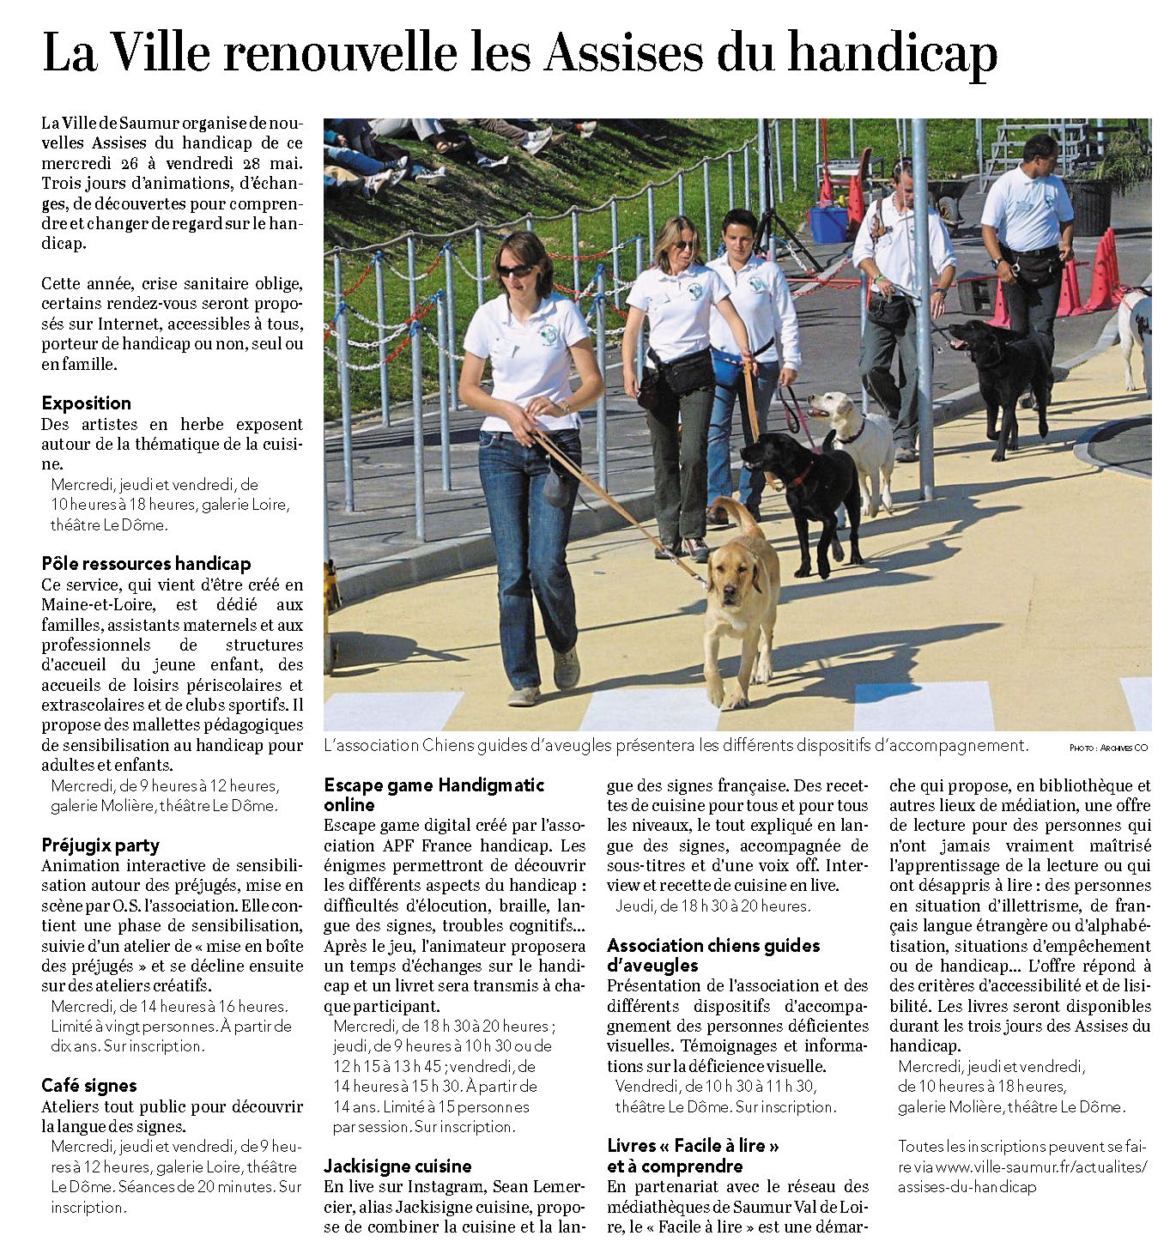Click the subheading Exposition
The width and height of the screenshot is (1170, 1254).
[x=86, y=403]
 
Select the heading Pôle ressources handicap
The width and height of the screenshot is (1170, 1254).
[x=146, y=563]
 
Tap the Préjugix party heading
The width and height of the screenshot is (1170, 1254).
[x=100, y=845]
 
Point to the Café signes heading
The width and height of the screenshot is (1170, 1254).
[x=88, y=1085]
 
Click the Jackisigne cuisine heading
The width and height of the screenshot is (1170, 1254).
[x=397, y=1166]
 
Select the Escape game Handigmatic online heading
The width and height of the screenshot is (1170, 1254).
[x=433, y=794]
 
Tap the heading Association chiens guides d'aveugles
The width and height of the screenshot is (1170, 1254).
[x=712, y=954]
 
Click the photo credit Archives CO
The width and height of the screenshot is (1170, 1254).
[x=1108, y=748]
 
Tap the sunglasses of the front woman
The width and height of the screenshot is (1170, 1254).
[x=514, y=270]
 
